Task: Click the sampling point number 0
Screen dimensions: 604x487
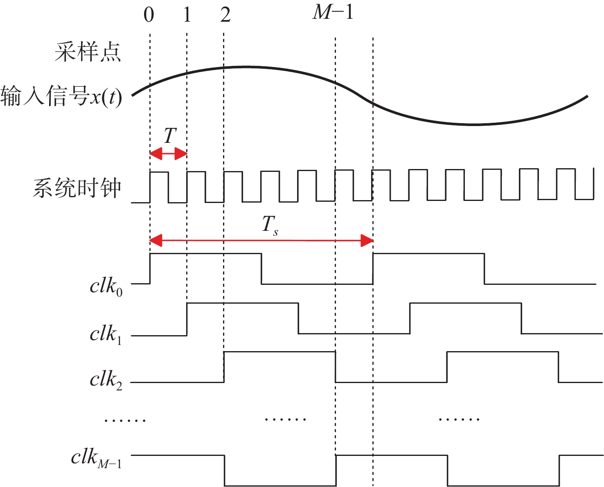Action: point(149,15)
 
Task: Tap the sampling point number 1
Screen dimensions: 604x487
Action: point(187,15)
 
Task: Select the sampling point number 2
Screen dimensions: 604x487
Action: point(225,15)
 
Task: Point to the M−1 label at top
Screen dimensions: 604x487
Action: point(333,12)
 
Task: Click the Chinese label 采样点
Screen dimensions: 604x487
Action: point(88,52)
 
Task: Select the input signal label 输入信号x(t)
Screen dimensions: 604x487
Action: point(61,96)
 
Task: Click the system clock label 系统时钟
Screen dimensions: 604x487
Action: point(77,187)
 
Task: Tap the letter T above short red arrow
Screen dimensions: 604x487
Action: point(170,135)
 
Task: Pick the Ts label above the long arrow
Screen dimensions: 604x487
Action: point(270,225)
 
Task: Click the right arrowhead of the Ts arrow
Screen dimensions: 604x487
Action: point(367,241)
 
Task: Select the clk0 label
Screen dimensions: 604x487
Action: point(106,287)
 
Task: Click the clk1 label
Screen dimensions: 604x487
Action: point(106,335)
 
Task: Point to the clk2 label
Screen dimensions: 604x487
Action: point(106,380)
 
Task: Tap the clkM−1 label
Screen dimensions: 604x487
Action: point(96,459)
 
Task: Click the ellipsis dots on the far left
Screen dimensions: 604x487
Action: point(125,420)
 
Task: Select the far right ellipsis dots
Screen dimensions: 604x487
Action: point(459,419)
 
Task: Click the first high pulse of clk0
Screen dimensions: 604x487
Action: point(206,254)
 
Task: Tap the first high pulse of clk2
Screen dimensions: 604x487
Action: point(279,352)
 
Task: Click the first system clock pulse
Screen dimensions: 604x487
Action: point(159,172)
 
